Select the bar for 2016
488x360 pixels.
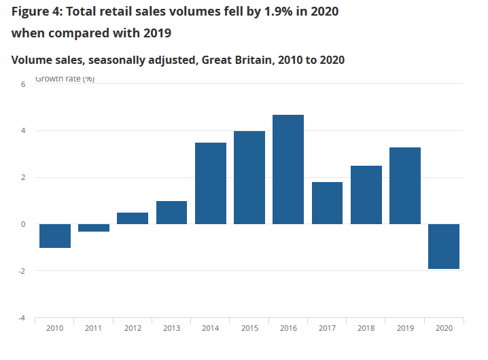(288, 169)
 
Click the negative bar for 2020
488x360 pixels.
(444, 247)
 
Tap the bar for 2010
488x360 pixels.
(55, 236)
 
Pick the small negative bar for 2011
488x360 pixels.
(94, 228)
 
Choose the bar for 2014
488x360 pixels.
(211, 183)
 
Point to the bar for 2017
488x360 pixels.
(327, 203)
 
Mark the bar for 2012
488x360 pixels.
(133, 218)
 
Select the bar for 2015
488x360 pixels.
(249, 177)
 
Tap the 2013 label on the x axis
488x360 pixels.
(171, 328)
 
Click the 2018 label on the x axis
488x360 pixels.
(366, 328)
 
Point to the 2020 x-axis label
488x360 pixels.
(444, 328)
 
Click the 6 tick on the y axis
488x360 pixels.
(22, 84)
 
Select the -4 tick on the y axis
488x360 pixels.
(21, 318)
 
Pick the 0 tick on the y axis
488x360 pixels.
(22, 224)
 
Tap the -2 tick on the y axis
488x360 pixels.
(21, 271)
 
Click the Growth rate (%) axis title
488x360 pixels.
(65, 79)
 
